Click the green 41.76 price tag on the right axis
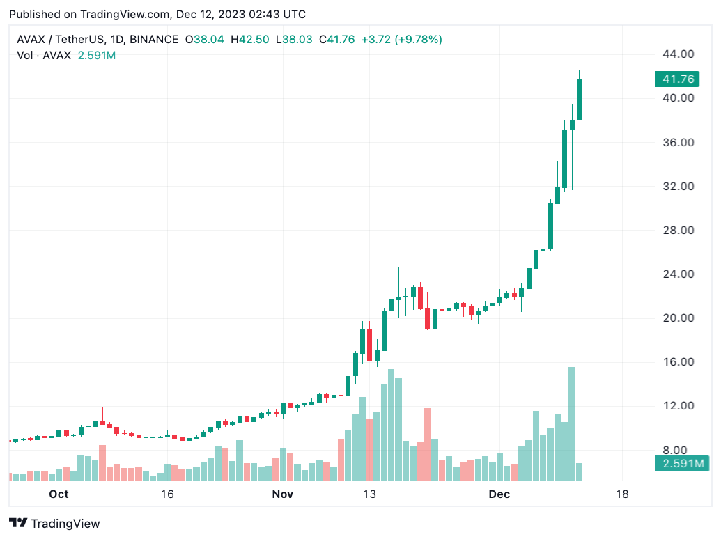click(x=677, y=79)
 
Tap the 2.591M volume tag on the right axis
click(x=683, y=463)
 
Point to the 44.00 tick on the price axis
click(x=679, y=54)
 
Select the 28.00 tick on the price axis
click(x=679, y=231)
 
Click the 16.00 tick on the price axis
click(x=679, y=361)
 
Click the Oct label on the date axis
click(x=59, y=494)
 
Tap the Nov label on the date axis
click(x=282, y=494)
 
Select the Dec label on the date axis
click(x=499, y=494)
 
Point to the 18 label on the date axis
click(x=622, y=494)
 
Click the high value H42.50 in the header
click(x=249, y=40)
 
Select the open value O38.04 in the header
click(x=205, y=40)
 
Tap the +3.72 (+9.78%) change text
click(x=402, y=40)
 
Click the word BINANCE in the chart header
click(x=154, y=40)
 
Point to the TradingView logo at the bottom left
click(x=54, y=524)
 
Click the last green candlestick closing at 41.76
click(x=580, y=100)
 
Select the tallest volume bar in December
click(x=572, y=423)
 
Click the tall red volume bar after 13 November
click(x=427, y=444)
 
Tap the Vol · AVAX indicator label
click(x=44, y=56)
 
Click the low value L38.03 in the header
click(x=294, y=40)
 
